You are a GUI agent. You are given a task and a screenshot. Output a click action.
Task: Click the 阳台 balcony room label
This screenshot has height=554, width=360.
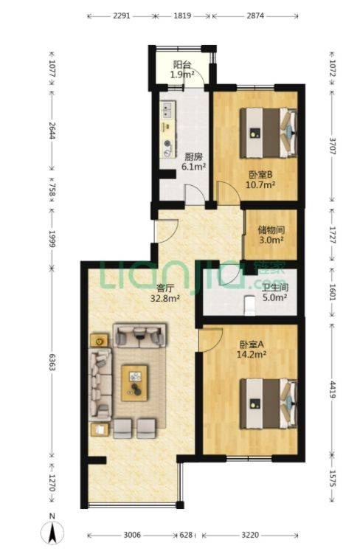click(182, 65)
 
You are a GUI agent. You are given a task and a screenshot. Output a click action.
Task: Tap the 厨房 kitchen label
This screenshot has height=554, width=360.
click(193, 156)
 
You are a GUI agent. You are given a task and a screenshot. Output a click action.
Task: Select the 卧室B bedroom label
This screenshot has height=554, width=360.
click(260, 175)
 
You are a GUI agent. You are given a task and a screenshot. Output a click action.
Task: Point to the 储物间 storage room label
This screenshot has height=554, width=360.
click(271, 230)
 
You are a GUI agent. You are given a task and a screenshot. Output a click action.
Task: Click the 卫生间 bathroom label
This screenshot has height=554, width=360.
click(275, 287)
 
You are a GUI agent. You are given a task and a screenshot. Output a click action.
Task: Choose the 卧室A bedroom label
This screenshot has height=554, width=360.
click(251, 344)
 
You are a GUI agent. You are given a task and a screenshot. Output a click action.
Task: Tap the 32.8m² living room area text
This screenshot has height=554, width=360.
click(165, 299)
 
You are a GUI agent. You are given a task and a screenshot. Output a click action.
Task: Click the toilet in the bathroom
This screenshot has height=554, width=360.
click(250, 305)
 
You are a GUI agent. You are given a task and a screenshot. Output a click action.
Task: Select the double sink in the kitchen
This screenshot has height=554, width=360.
click(167, 109)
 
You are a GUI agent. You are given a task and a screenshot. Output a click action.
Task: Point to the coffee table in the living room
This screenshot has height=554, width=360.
click(134, 384)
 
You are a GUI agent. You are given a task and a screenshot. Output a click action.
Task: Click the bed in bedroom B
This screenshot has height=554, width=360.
click(269, 133)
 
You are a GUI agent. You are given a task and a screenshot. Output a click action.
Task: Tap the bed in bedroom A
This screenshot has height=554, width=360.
click(269, 404)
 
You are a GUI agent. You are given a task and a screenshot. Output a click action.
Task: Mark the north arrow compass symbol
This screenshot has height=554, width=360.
click(52, 533)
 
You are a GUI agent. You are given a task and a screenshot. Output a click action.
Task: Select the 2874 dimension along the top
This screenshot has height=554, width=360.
click(255, 15)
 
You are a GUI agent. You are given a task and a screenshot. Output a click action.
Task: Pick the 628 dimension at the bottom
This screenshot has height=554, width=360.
click(186, 535)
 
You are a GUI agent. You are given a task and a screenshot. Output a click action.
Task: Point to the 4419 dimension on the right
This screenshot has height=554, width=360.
click(332, 389)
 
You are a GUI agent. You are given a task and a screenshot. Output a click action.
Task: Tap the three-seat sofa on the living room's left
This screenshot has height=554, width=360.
click(100, 384)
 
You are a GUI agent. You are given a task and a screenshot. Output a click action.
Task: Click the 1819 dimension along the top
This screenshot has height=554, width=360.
click(183, 15)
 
